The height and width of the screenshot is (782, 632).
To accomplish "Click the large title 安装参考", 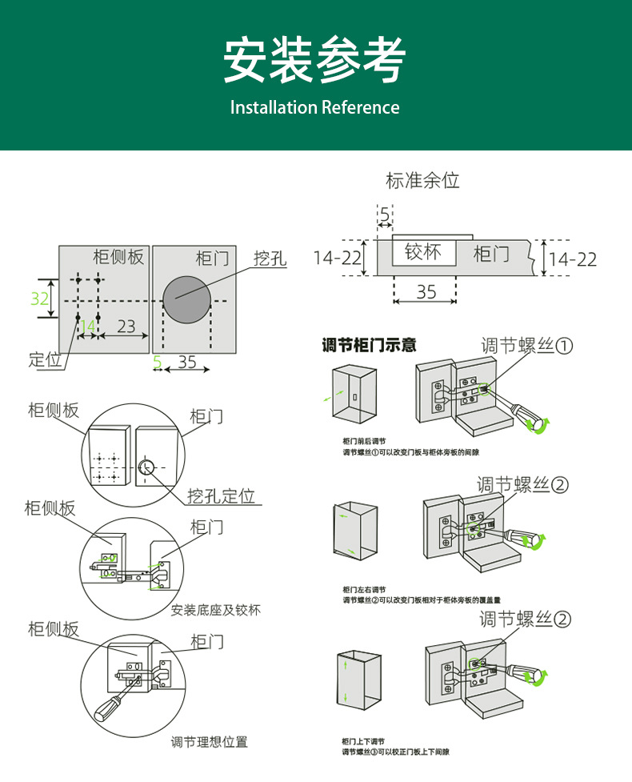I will tap(314, 59).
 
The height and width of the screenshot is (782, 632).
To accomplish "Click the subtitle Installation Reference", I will tap(314, 107).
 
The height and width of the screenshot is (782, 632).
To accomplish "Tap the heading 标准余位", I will tap(422, 180).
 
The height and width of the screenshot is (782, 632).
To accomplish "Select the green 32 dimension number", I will tap(40, 299).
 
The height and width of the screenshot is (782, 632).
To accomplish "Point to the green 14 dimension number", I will tap(87, 327).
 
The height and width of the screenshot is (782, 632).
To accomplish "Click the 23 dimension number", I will tap(126, 327).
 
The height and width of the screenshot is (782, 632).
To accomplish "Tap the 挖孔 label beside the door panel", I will tap(270, 259).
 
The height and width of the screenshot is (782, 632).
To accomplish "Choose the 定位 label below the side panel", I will tap(46, 359).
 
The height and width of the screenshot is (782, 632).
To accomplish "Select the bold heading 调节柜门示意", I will tap(369, 346).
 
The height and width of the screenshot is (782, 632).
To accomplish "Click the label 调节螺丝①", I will tap(527, 346).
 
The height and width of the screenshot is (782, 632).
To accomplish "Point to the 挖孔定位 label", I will tap(221, 496).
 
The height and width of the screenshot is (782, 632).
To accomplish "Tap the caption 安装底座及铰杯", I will tap(216, 610).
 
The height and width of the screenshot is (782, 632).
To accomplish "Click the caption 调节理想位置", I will tap(210, 742).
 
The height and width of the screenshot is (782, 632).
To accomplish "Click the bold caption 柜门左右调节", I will tap(364, 589).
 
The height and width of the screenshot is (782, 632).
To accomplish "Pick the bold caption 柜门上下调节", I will tap(364, 741).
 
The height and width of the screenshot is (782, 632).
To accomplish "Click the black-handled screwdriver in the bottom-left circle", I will tap(110, 707).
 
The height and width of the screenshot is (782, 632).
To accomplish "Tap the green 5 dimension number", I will tap(157, 363).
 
